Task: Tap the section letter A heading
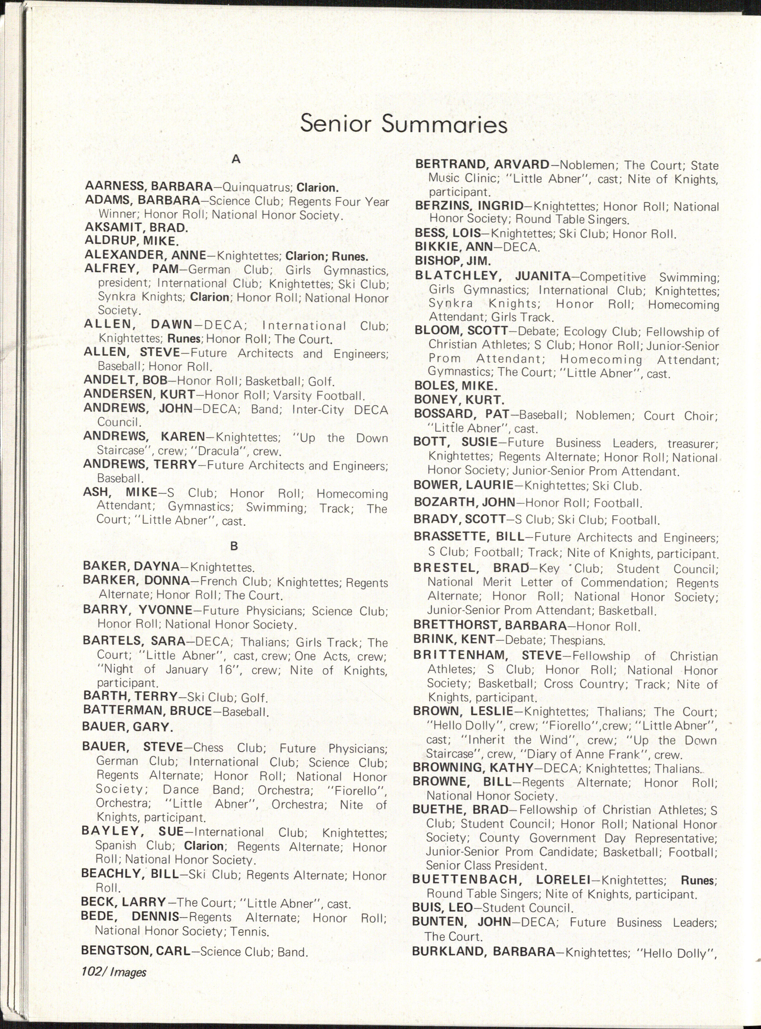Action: (236, 159)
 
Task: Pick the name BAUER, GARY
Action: (128, 727)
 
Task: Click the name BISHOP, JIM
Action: (452, 260)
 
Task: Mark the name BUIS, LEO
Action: (442, 908)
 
